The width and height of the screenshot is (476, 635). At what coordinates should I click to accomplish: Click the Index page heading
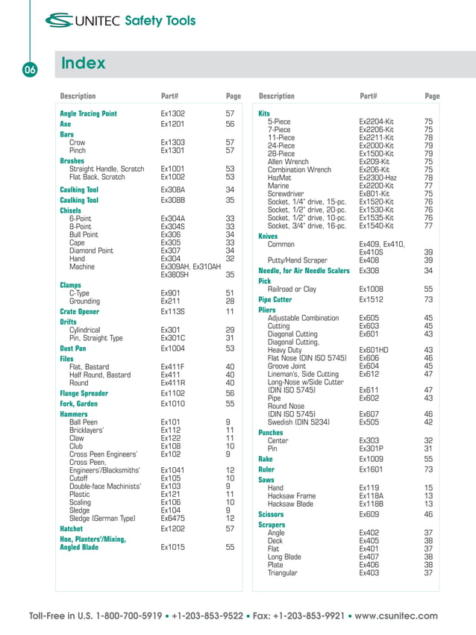(x=83, y=63)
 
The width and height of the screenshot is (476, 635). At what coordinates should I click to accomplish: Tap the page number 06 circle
(x=30, y=70)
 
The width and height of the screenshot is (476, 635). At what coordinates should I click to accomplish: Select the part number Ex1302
(x=173, y=113)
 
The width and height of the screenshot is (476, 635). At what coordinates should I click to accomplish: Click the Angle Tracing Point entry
(x=88, y=113)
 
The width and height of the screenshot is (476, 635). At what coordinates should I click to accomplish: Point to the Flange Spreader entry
(x=84, y=392)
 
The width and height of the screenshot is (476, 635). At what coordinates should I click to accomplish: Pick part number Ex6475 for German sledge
(x=173, y=518)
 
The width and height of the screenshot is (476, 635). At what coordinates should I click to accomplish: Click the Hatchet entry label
(x=72, y=529)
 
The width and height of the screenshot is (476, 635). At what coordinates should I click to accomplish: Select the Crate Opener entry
(x=79, y=311)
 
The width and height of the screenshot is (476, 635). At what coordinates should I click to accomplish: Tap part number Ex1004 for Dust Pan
(x=173, y=348)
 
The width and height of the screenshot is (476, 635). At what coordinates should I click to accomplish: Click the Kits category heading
(x=263, y=113)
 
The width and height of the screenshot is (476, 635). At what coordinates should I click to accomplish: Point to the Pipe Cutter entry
(x=275, y=299)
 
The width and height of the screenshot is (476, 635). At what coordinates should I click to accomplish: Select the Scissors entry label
(x=271, y=514)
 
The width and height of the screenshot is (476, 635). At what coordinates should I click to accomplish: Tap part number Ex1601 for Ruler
(x=372, y=470)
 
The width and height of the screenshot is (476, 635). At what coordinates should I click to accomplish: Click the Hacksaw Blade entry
(x=290, y=504)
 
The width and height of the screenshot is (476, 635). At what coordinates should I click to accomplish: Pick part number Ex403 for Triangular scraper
(x=369, y=573)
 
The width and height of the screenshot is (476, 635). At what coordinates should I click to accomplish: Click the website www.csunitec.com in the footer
(x=396, y=616)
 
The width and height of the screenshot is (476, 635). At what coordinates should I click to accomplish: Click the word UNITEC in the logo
(x=97, y=21)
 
